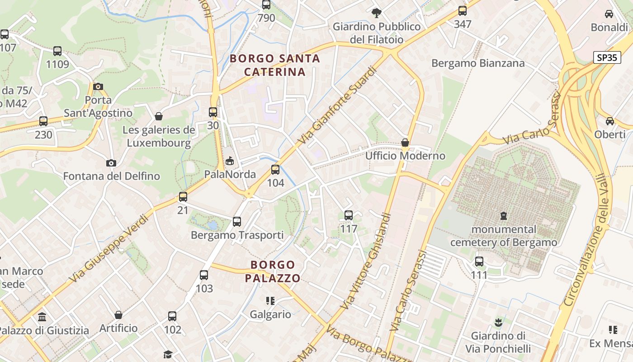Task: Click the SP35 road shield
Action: point(606,57)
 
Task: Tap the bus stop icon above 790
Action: point(266,5)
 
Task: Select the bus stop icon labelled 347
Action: point(462,11)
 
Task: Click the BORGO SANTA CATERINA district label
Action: point(275,65)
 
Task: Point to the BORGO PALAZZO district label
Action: point(273,271)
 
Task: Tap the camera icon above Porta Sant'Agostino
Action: point(98,86)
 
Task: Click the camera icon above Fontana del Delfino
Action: point(111,163)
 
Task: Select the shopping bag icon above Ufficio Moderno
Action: point(405,143)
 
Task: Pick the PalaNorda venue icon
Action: point(230,161)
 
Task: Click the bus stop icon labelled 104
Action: point(275,170)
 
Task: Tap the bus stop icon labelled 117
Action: point(349,215)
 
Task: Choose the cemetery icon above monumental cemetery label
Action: point(503,216)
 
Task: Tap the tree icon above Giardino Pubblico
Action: point(376,13)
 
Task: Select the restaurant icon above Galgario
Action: point(270,301)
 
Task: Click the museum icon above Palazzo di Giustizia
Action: point(42,317)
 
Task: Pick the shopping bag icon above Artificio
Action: point(118,314)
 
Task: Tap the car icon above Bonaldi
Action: point(609,14)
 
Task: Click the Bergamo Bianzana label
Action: point(478,63)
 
